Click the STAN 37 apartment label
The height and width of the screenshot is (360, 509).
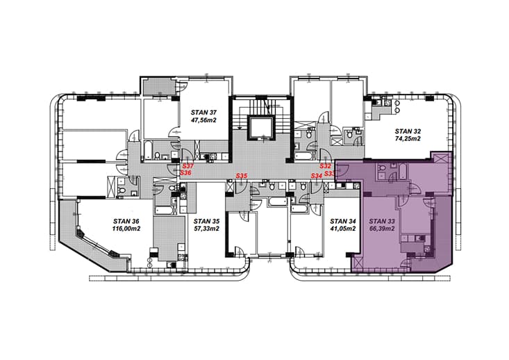203,113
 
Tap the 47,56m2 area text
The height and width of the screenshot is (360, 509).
203,120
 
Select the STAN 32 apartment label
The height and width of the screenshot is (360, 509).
408,131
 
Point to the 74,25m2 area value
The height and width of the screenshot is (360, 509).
408,139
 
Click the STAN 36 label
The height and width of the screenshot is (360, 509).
126,221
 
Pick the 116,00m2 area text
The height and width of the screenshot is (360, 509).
126,229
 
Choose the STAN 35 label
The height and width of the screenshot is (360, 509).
206,221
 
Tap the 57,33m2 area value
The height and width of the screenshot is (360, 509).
206,229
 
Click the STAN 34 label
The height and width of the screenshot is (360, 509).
343,221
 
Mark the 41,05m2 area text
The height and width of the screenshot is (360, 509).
343,229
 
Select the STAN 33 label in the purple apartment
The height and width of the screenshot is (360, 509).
382,221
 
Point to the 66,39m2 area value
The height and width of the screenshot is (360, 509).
382,229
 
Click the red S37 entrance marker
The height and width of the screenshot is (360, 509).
188,166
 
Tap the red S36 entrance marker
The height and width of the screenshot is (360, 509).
185,172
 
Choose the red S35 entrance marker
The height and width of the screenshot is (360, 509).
242,176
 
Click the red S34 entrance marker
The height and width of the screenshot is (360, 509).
317,176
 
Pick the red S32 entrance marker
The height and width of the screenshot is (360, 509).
325,166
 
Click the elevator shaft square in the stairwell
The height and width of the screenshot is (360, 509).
262,127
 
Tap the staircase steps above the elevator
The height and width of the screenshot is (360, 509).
262,105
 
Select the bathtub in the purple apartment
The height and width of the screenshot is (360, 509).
402,172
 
